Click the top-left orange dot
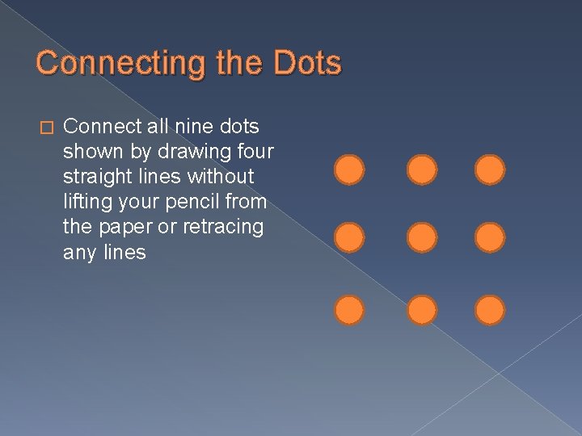(349, 170)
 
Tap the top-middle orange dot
(421, 170)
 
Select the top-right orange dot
(489, 170)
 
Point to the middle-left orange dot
(349, 237)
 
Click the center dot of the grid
(421, 237)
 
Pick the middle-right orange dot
(489, 237)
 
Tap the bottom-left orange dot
(349, 310)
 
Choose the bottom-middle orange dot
(421, 310)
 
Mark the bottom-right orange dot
(489, 310)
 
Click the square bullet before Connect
(45, 128)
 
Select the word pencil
(194, 202)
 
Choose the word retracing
(223, 227)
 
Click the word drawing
(185, 151)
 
